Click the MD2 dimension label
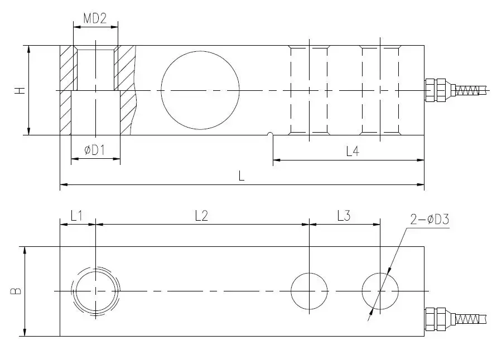click(95, 19)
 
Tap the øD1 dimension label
click(94, 150)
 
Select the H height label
click(20, 90)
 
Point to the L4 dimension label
click(353, 152)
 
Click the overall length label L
click(241, 176)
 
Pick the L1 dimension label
click(76, 216)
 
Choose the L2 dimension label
click(201, 216)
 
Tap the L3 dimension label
click(344, 216)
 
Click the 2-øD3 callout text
click(430, 219)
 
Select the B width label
click(16, 291)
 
